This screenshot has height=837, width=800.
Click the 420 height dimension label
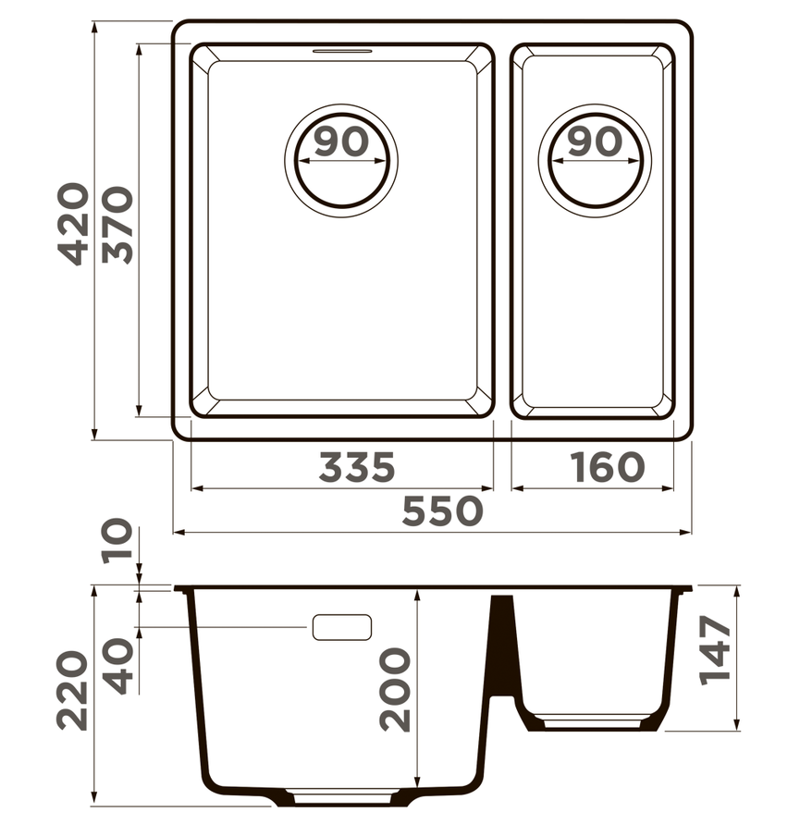[x=72, y=223]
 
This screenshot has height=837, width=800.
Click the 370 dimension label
[x=117, y=225]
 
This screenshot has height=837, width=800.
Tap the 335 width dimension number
[x=357, y=468]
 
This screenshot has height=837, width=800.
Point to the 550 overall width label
[x=443, y=511]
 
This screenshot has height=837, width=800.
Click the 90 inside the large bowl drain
[x=340, y=142]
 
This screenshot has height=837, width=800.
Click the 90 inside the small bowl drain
[x=593, y=142]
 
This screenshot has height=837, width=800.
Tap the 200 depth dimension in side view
[x=396, y=689]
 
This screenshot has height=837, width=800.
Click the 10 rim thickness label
[x=117, y=544]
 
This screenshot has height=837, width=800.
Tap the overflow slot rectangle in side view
[x=341, y=627]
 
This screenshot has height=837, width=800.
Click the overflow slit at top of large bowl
[x=342, y=51]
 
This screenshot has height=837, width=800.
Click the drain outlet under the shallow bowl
[x=593, y=720]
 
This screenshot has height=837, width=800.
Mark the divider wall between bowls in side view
[x=501, y=647]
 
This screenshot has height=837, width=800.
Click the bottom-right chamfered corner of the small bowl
[x=661, y=403]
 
